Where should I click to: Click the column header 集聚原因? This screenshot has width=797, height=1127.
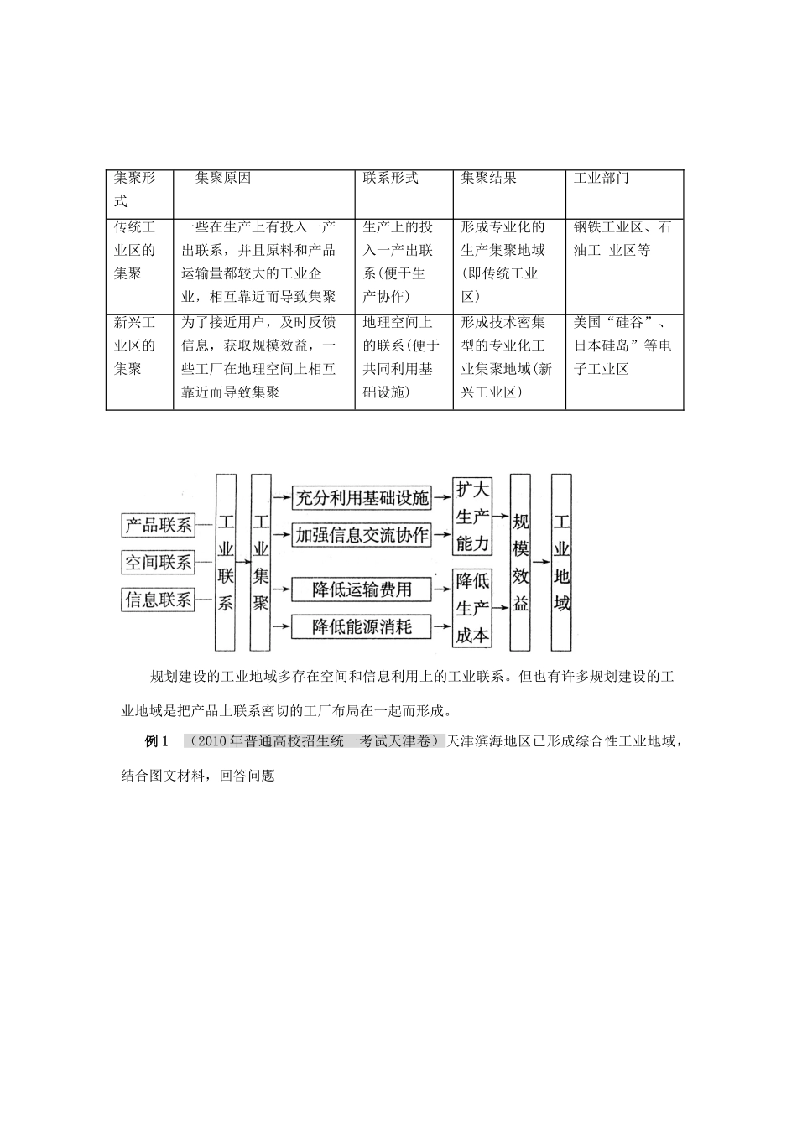point(223,179)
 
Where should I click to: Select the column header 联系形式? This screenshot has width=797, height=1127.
point(391,179)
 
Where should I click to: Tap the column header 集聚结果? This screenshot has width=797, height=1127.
point(489,179)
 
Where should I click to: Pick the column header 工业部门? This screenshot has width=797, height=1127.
point(602,179)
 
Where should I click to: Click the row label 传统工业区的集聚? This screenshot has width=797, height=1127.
point(135,250)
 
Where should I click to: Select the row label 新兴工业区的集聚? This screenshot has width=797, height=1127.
point(135,345)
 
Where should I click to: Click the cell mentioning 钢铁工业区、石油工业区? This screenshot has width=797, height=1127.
point(622,238)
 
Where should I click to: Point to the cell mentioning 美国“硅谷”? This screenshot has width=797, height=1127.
point(622,345)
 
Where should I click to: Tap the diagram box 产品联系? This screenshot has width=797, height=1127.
point(159,526)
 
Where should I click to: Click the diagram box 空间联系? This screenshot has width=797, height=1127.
point(159,563)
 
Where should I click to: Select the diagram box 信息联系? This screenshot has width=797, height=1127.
point(159,600)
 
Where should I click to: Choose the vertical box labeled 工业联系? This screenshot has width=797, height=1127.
point(226,563)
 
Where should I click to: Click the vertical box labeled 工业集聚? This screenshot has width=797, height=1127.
point(261,563)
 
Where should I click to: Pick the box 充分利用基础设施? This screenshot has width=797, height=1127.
point(362,497)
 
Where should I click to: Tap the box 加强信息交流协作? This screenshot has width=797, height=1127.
point(362,535)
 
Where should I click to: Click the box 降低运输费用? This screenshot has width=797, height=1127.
point(362,589)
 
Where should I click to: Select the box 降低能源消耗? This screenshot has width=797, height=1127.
point(362,626)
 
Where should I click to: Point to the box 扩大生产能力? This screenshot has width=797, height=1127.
point(472,517)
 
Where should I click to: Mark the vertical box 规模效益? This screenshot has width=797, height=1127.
point(521,563)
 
